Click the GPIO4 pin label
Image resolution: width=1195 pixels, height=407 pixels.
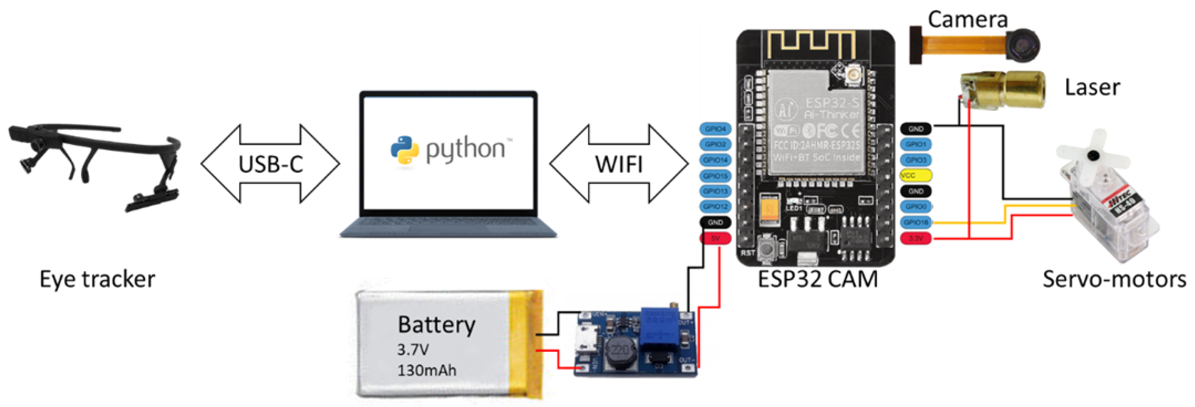coord(715,129)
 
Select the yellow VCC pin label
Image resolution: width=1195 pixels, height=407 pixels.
coord(915,175)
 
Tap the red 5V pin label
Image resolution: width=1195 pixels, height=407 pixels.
coord(715,238)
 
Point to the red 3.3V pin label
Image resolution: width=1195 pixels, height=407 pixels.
coord(915,238)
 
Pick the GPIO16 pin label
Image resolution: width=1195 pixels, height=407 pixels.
coord(915,223)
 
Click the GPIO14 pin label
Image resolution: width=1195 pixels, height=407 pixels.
coord(715,160)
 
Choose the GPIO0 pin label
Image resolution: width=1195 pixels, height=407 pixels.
coord(915,206)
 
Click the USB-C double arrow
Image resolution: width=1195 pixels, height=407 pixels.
coord(270,164)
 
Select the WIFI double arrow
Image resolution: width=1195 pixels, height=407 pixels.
coord(619,164)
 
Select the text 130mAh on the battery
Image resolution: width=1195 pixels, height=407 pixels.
coord(426,370)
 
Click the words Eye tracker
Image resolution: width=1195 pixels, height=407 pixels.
coord(97,279)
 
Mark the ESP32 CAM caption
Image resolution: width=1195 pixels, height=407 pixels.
coord(817,279)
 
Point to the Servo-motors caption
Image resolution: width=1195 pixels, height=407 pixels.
coord(1114,279)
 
